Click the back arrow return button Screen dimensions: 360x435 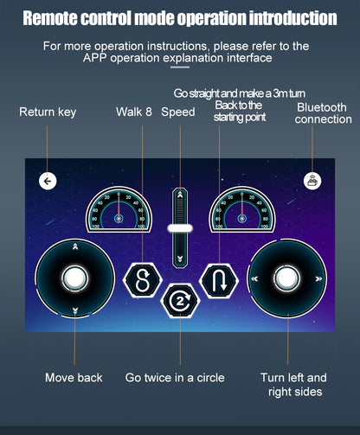(x=48, y=181)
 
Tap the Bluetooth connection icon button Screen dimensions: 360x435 (x=312, y=181)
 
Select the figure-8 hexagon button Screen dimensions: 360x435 (x=143, y=280)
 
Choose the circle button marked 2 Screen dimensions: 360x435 (x=180, y=301)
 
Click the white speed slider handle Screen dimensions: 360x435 (x=180, y=228)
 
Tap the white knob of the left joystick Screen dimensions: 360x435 (x=74, y=278)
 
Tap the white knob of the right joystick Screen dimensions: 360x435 (x=286, y=278)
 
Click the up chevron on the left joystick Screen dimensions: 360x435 (x=75, y=246)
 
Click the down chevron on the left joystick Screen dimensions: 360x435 (x=75, y=310)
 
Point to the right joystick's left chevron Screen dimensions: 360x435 (x=254, y=278)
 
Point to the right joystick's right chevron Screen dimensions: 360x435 (x=318, y=278)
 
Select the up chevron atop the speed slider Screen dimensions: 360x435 (x=180, y=195)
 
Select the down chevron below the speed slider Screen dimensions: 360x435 (x=180, y=259)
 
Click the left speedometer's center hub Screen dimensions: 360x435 (x=119, y=219)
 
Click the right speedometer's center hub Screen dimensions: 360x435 (x=241, y=219)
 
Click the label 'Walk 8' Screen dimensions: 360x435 (x=134, y=112)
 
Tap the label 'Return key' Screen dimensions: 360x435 (x=48, y=112)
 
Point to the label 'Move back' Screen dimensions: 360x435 (x=74, y=378)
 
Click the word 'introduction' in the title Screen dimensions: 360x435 (x=293, y=18)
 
